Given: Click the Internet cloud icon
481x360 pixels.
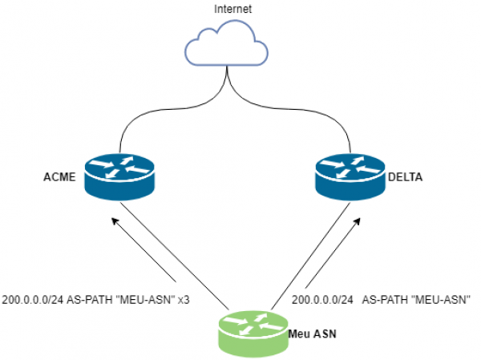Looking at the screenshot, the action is (x=226, y=43).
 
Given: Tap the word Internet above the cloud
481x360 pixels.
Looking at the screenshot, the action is (x=232, y=9).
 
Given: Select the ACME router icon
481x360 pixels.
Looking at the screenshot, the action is (x=119, y=177).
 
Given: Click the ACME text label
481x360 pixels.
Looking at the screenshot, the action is (x=59, y=177).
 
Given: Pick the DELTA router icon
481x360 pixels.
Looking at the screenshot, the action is (x=350, y=177).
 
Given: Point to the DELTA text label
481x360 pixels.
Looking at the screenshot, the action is (x=405, y=177).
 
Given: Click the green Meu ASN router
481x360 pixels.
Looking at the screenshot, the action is (x=253, y=334).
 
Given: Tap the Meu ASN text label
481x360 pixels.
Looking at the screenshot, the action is (x=313, y=334).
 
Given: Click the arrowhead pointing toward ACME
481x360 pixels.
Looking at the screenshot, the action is (x=115, y=221).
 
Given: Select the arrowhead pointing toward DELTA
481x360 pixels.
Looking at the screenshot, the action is (x=357, y=222).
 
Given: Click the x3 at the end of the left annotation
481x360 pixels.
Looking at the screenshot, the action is (x=184, y=300).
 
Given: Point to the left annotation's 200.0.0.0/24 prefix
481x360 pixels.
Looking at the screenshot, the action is (x=33, y=300).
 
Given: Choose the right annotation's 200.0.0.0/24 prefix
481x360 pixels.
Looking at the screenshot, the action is (x=322, y=300).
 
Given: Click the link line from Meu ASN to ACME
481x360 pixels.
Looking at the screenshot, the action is (x=175, y=256).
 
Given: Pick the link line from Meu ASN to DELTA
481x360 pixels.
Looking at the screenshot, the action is (x=310, y=256).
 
